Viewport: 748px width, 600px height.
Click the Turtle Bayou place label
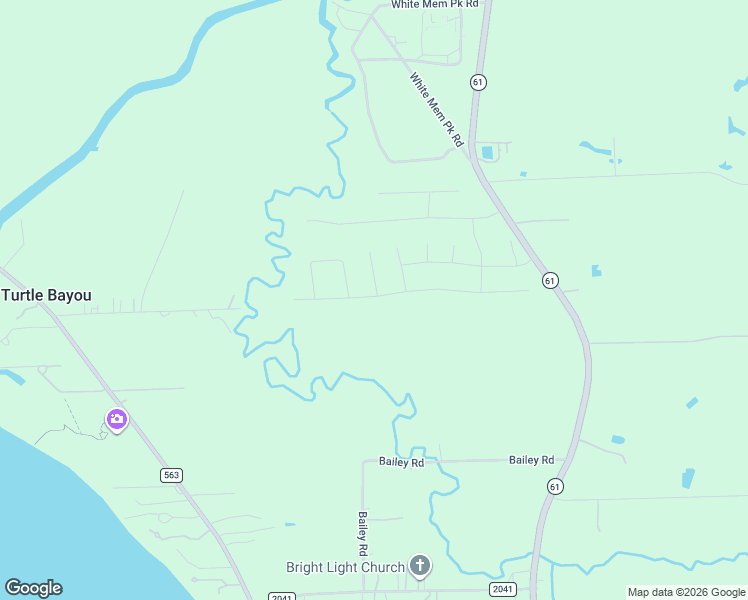tap(46, 295)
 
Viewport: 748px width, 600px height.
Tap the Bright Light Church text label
tap(345, 568)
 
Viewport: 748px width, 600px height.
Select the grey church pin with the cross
tap(420, 567)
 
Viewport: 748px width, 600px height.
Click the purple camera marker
tap(116, 419)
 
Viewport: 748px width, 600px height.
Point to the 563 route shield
tap(171, 475)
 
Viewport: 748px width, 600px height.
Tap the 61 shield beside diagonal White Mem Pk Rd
tap(478, 81)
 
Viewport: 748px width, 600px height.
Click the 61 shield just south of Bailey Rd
tap(555, 485)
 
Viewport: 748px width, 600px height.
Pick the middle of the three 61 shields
tap(550, 281)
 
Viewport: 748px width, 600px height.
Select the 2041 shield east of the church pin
tap(502, 589)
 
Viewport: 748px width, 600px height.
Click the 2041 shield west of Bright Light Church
tap(282, 597)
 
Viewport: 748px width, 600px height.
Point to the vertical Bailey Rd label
tap(363, 534)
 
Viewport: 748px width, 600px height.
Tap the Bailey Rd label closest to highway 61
tap(531, 460)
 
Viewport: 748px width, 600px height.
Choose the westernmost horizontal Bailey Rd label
tap(401, 462)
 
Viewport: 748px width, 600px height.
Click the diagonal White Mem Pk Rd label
tap(437, 109)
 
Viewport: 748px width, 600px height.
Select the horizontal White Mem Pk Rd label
tap(435, 5)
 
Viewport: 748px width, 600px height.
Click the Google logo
tap(33, 588)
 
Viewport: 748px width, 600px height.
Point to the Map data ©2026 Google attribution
tap(686, 592)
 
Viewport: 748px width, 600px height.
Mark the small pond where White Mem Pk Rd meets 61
tap(488, 153)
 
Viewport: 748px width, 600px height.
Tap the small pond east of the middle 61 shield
tap(596, 270)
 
